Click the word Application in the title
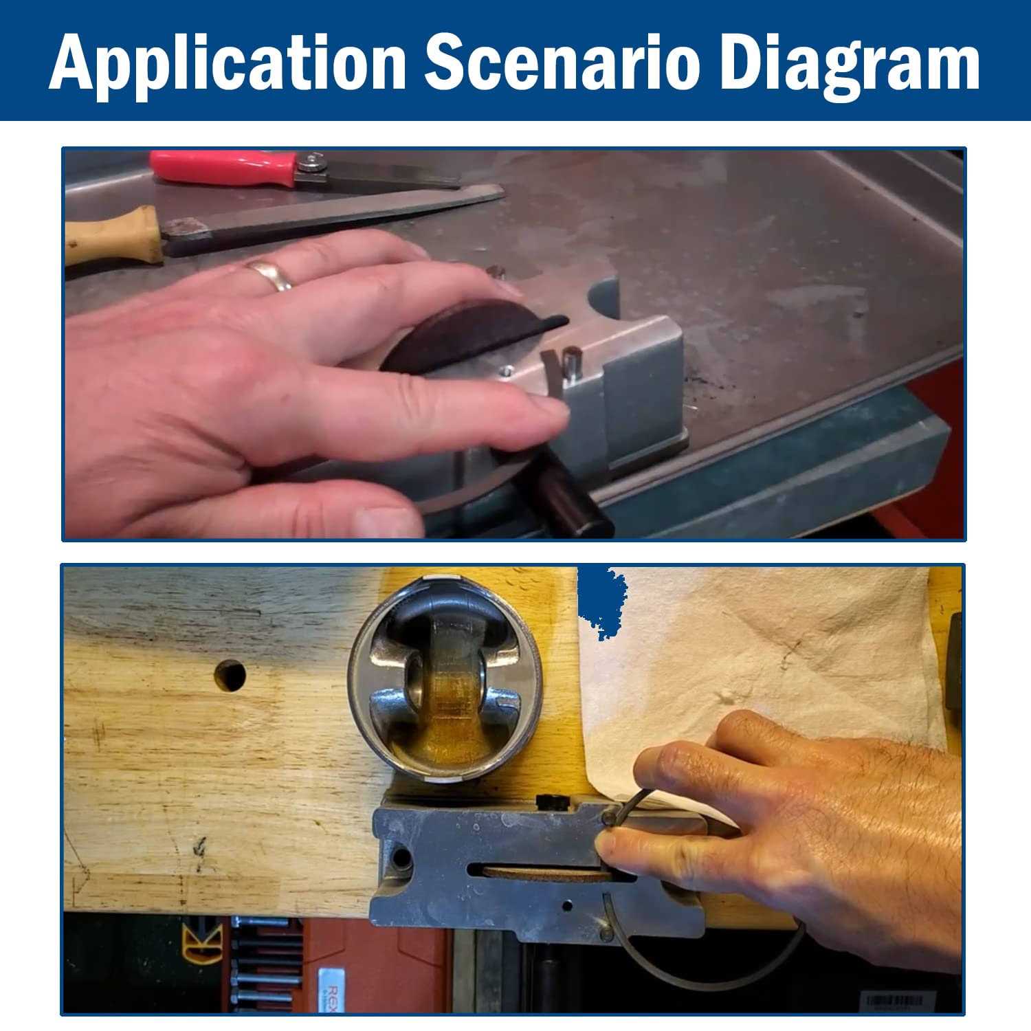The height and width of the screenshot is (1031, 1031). coord(228,63)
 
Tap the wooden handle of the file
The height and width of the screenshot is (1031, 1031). coord(113,235)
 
